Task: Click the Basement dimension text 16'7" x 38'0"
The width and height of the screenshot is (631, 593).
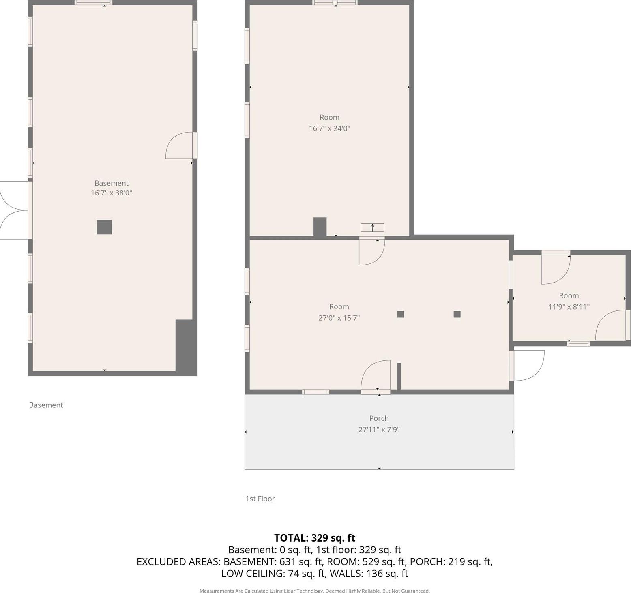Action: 112,193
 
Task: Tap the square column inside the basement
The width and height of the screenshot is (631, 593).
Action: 104,227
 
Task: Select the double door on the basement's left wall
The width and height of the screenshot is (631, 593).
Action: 14,210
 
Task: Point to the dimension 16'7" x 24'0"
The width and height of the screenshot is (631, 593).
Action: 329,128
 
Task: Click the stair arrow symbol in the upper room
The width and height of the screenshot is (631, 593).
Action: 372,227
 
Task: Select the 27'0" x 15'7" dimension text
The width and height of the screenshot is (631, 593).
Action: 339,318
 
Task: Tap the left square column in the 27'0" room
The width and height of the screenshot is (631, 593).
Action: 401,314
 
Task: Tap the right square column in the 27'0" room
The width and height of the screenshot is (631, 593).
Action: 457,314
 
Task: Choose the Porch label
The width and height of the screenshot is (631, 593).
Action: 379,418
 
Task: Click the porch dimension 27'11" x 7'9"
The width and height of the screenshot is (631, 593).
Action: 379,430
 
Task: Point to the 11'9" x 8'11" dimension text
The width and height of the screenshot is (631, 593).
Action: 569,307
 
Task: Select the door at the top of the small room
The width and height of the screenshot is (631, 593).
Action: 556,268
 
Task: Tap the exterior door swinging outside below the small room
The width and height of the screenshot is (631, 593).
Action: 527,366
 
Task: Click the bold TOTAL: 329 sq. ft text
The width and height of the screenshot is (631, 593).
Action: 315,538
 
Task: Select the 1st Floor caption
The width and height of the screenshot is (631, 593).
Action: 260,499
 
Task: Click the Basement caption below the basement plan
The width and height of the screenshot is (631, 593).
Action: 46,405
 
